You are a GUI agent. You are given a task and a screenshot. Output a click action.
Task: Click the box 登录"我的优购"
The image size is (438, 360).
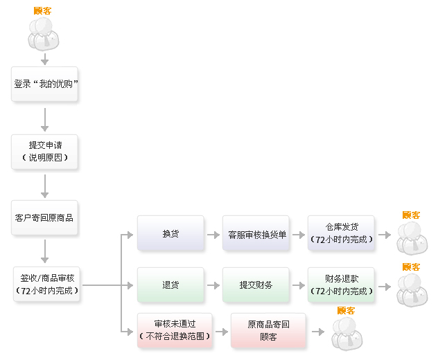coord(45,84)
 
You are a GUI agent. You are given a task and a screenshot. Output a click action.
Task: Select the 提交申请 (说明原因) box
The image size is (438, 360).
coord(45,152)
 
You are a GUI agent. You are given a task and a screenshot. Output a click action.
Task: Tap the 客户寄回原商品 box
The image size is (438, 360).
coord(45,217)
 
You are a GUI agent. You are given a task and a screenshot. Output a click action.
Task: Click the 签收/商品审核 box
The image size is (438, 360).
coord(47,285)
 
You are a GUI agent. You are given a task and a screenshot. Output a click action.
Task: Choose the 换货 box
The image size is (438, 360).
coord(170,233)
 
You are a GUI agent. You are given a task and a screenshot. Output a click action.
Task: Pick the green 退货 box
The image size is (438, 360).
coord(170,285)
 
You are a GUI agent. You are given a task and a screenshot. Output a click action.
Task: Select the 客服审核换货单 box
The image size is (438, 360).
coord(257,233)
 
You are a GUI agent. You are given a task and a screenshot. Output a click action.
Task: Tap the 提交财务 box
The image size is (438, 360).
coord(256,285)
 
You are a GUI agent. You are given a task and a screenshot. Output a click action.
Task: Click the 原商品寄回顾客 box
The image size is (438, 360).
coord(268,330)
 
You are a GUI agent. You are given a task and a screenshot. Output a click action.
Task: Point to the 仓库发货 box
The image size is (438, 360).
coord(341,233)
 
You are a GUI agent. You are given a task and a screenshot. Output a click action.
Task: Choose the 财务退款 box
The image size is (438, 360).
coord(341,285)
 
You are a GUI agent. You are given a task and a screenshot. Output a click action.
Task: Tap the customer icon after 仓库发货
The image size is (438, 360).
coord(412,238)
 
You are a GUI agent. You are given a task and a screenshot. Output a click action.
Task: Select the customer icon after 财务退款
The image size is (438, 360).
coord(412,289)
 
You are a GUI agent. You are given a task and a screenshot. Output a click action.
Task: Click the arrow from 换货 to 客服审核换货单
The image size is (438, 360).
coord(213,234)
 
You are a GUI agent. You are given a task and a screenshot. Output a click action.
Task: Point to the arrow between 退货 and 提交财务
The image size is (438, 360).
coord(213,285)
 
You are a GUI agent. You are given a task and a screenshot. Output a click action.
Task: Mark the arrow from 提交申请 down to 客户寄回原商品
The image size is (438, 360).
coord(45,186)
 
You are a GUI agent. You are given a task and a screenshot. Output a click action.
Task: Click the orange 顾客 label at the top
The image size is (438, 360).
coord(42,11)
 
